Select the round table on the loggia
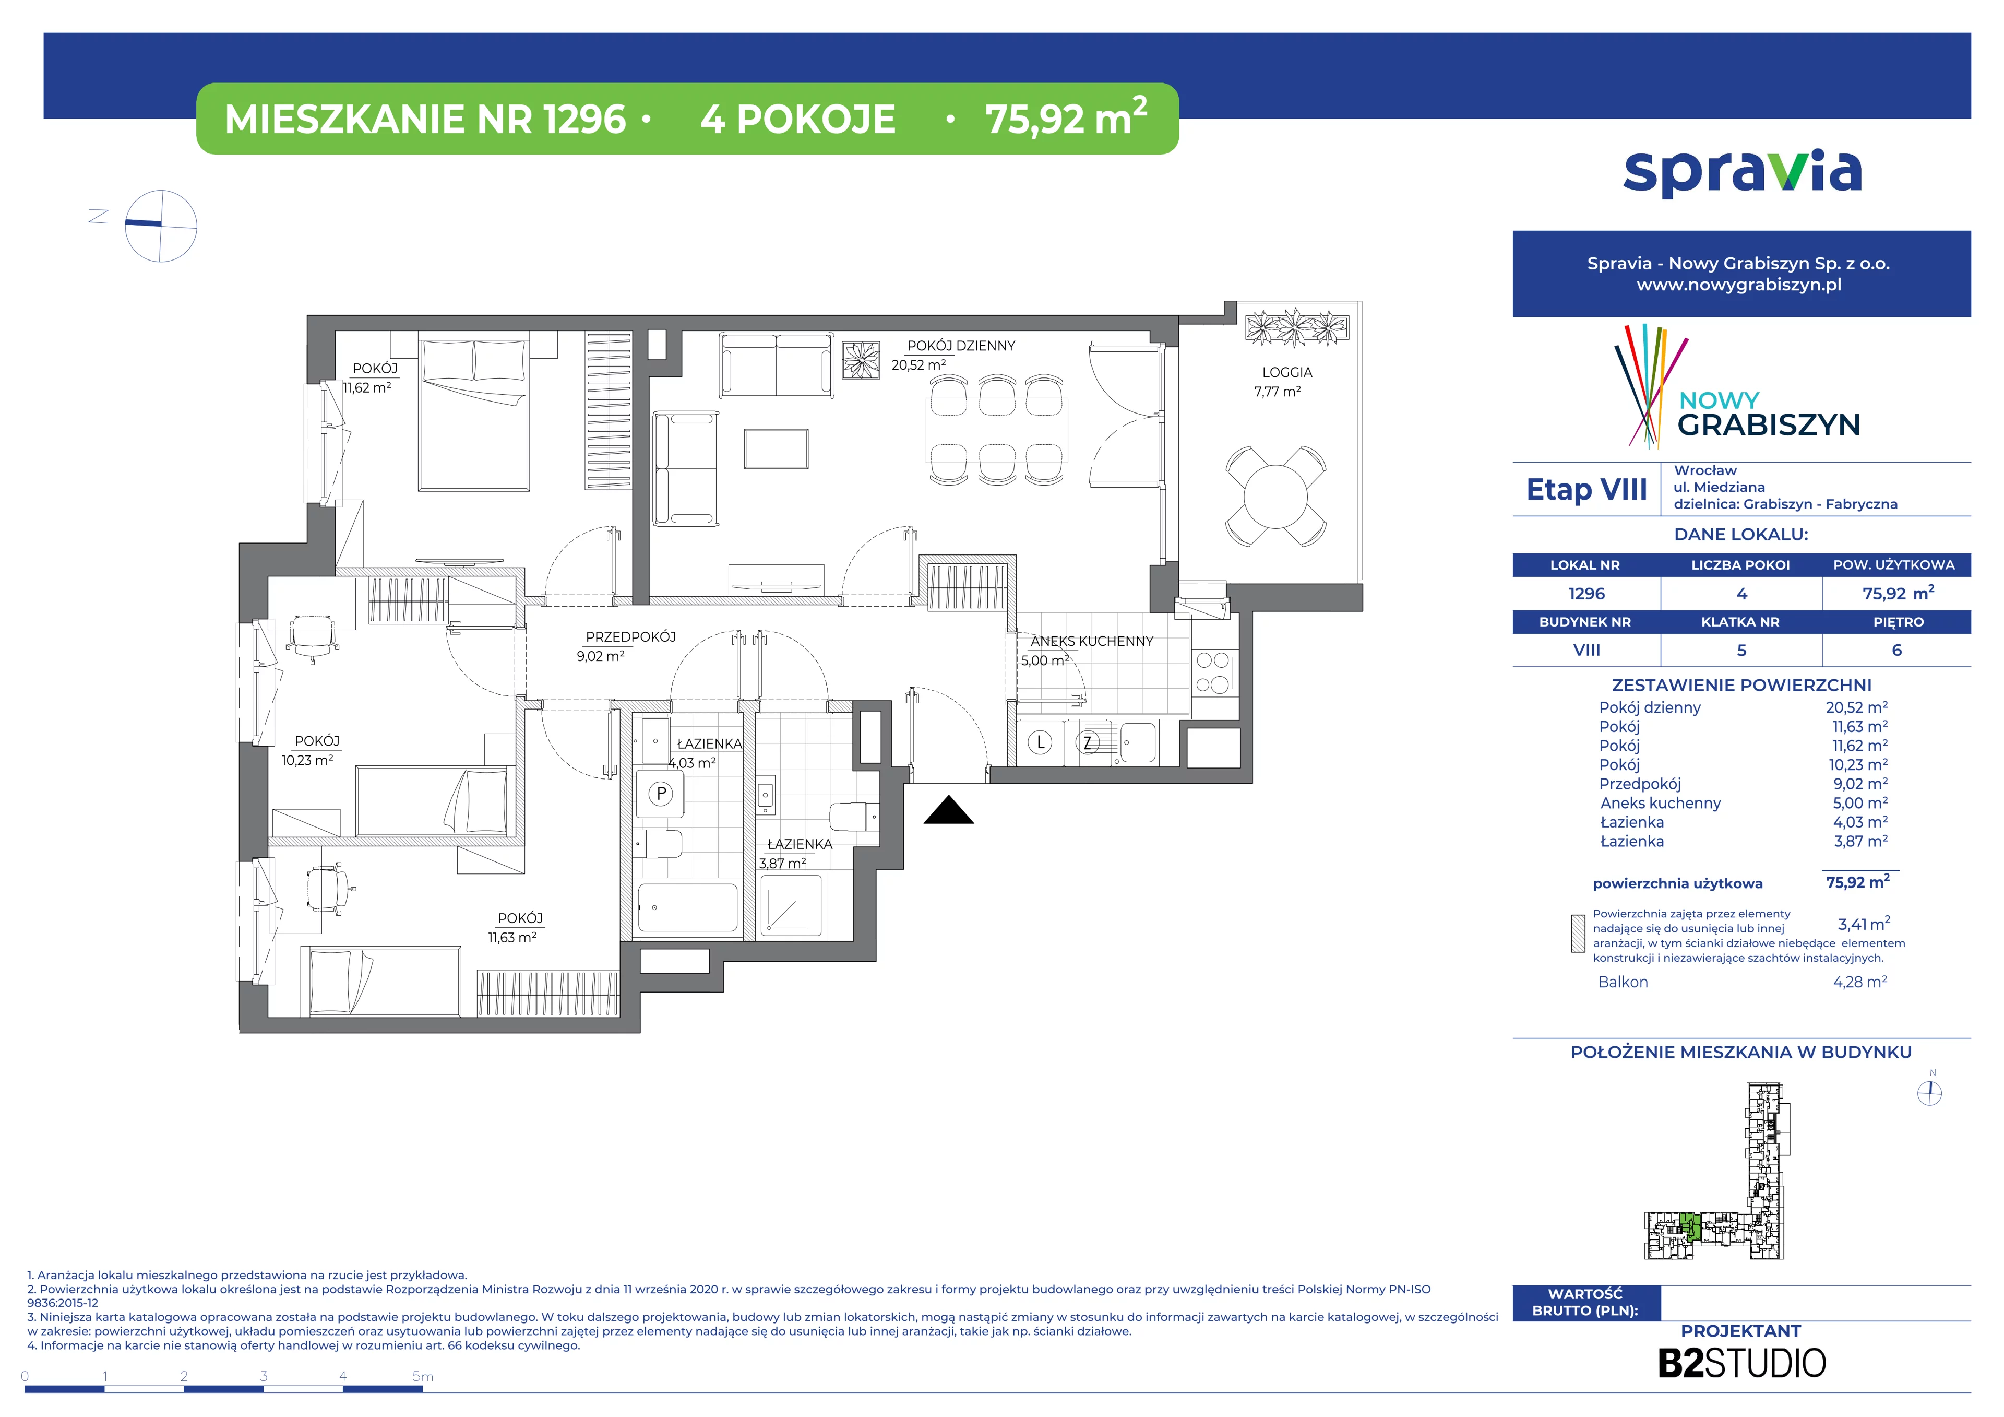pyautogui.click(x=1275, y=497)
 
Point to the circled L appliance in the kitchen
pyautogui.click(x=1040, y=743)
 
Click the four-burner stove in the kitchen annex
pyautogui.click(x=1212, y=672)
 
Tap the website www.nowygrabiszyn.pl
pyautogui.click(x=1739, y=285)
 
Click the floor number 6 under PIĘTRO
pyautogui.click(x=1896, y=651)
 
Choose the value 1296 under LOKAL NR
pyautogui.click(x=1586, y=594)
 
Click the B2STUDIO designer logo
pyautogui.click(x=1741, y=1363)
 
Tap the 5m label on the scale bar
pyautogui.click(x=422, y=1377)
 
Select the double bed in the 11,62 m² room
pyautogui.click(x=474, y=414)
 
